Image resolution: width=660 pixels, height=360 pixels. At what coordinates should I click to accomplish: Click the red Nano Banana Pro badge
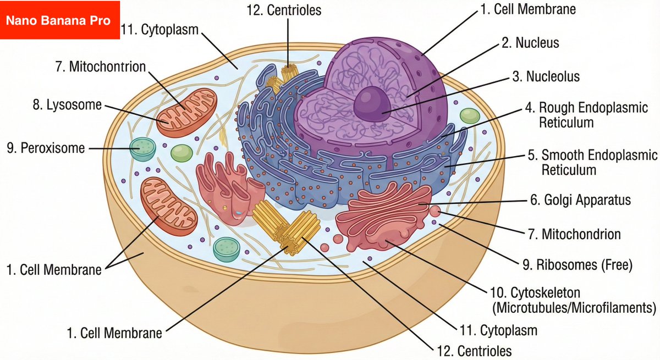[x=59, y=21]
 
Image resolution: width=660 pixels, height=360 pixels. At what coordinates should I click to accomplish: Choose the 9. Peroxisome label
[x=46, y=148]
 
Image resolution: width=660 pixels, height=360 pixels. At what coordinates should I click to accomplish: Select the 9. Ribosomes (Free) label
[x=577, y=265]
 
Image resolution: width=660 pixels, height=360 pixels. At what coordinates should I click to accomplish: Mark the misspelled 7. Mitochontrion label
[x=101, y=67]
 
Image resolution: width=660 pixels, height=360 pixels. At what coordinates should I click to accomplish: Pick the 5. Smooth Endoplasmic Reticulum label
[x=592, y=162]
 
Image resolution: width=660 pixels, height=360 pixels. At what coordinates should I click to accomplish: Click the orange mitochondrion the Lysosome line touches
[x=186, y=113]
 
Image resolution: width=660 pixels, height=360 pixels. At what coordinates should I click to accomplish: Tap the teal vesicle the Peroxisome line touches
[x=142, y=148]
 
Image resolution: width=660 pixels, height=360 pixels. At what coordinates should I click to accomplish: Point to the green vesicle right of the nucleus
[x=470, y=115]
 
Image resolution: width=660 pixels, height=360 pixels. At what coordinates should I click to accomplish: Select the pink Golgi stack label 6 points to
[x=385, y=217]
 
